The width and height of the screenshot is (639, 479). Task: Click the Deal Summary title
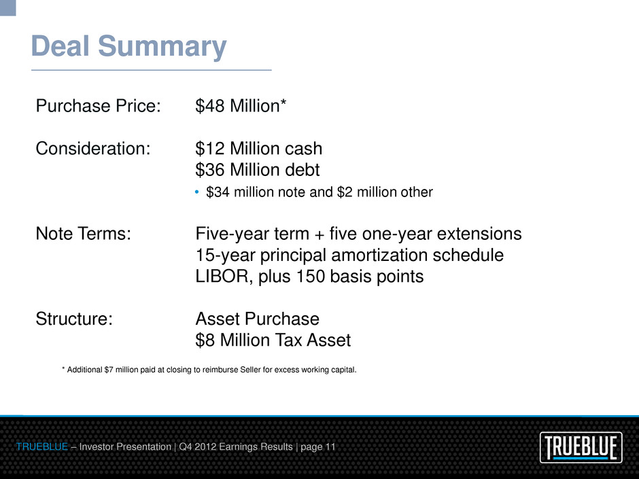(128, 47)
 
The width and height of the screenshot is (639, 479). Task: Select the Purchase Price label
(98, 106)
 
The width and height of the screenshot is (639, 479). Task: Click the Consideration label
(93, 148)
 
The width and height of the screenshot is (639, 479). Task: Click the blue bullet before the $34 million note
(197, 192)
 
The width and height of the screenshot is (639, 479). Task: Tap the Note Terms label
(84, 234)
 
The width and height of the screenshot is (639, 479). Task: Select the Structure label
(74, 319)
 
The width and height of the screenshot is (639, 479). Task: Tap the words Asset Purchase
(257, 319)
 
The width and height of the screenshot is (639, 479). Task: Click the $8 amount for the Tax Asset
(205, 340)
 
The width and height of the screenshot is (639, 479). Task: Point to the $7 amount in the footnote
(109, 370)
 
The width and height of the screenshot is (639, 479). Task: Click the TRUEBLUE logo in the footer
(581, 447)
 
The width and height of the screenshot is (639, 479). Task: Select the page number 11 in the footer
(330, 447)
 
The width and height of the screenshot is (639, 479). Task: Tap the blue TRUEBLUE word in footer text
(42, 447)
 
